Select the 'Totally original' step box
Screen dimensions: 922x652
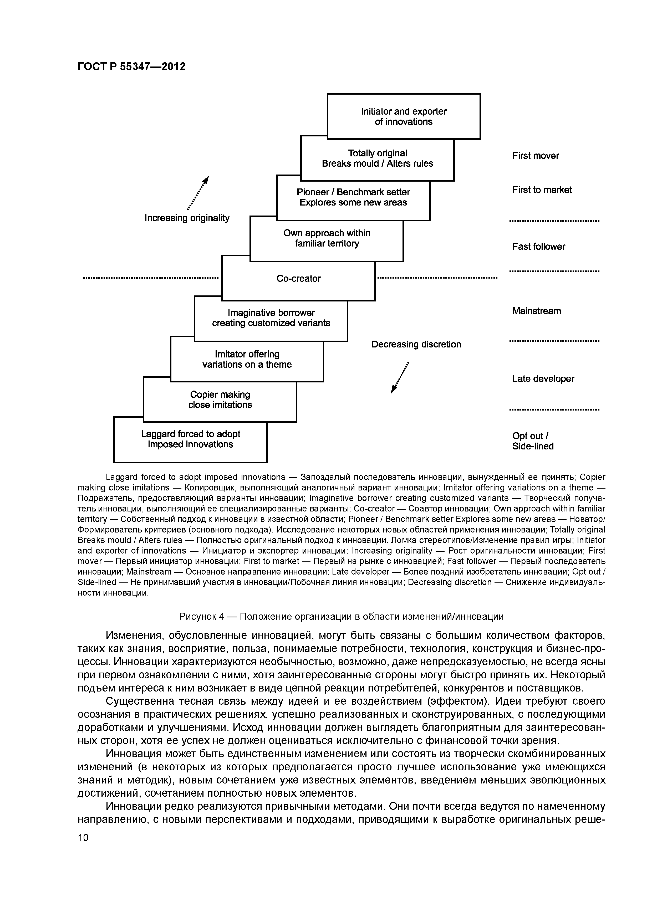[377, 158]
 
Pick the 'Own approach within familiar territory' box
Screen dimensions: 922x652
[327, 239]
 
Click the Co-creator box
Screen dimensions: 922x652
[298, 279]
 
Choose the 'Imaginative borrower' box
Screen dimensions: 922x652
[271, 318]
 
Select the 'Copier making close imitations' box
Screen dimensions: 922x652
[220, 399]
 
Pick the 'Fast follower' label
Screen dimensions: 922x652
[538, 247]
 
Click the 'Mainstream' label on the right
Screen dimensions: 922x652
[536, 311]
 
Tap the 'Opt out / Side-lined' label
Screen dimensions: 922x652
[533, 441]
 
